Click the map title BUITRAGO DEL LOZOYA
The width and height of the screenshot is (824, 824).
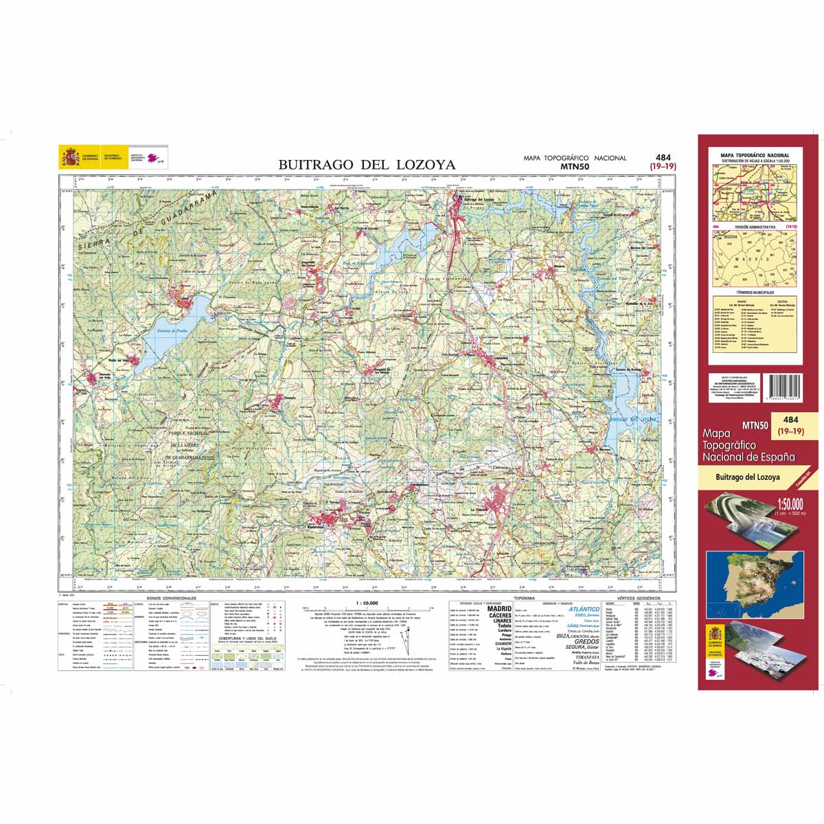[x=367, y=165]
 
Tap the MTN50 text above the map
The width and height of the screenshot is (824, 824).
[x=575, y=165]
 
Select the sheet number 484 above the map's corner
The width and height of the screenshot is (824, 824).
[x=663, y=157]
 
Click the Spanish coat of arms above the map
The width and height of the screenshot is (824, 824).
[x=70, y=158]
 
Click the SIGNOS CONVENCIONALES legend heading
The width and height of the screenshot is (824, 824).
[x=171, y=598]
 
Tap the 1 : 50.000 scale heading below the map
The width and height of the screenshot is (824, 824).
[x=367, y=603]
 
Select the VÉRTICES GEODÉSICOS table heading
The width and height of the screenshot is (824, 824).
[x=639, y=598]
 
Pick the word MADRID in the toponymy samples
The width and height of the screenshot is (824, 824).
[x=499, y=608]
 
